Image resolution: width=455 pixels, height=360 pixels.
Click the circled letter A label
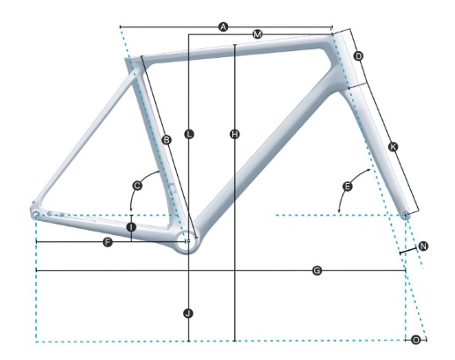224,27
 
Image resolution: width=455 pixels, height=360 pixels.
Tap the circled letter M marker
257,34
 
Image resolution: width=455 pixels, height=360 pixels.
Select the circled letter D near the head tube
358,55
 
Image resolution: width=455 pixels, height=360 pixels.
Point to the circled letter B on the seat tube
166,140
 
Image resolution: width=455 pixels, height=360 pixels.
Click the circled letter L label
189,135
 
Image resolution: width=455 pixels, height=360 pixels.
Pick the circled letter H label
234,135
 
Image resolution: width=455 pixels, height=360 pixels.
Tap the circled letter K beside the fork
393,146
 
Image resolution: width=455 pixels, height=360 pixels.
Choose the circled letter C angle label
137,186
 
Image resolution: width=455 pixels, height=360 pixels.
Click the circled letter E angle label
348,186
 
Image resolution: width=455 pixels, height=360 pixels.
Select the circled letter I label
131,227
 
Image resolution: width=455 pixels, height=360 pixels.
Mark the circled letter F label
107,242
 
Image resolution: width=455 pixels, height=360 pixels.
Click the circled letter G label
317,270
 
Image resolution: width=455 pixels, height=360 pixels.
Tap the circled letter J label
188,313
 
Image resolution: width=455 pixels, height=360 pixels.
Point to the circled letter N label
422,246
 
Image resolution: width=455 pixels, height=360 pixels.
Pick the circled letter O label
416,340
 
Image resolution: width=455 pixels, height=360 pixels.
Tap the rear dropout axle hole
36,216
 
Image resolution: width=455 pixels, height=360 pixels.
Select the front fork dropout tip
406,217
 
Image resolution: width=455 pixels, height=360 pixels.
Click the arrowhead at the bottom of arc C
131,209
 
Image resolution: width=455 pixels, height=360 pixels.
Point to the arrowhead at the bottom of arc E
339,210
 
